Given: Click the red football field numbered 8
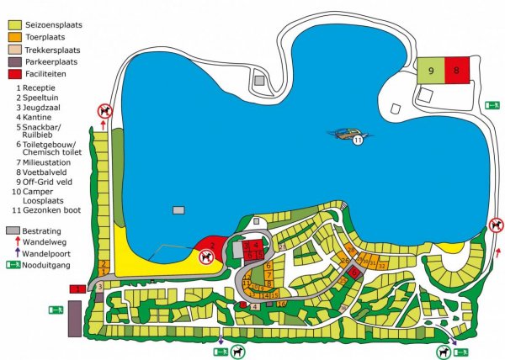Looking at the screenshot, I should [456, 70].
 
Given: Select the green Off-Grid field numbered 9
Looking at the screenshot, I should [430, 70].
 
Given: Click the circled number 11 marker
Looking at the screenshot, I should [358, 140].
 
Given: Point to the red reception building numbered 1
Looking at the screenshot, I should [77, 289].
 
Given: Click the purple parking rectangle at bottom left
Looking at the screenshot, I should [74, 319].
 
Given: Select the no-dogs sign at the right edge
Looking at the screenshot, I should [497, 225].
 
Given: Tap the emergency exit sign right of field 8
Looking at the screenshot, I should [493, 105].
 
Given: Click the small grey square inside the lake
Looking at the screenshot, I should [178, 209].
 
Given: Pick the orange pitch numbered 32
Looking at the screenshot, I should [382, 266].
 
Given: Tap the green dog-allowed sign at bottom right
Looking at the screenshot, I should [444, 352].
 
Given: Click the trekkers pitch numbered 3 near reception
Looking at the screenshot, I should [98, 287].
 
